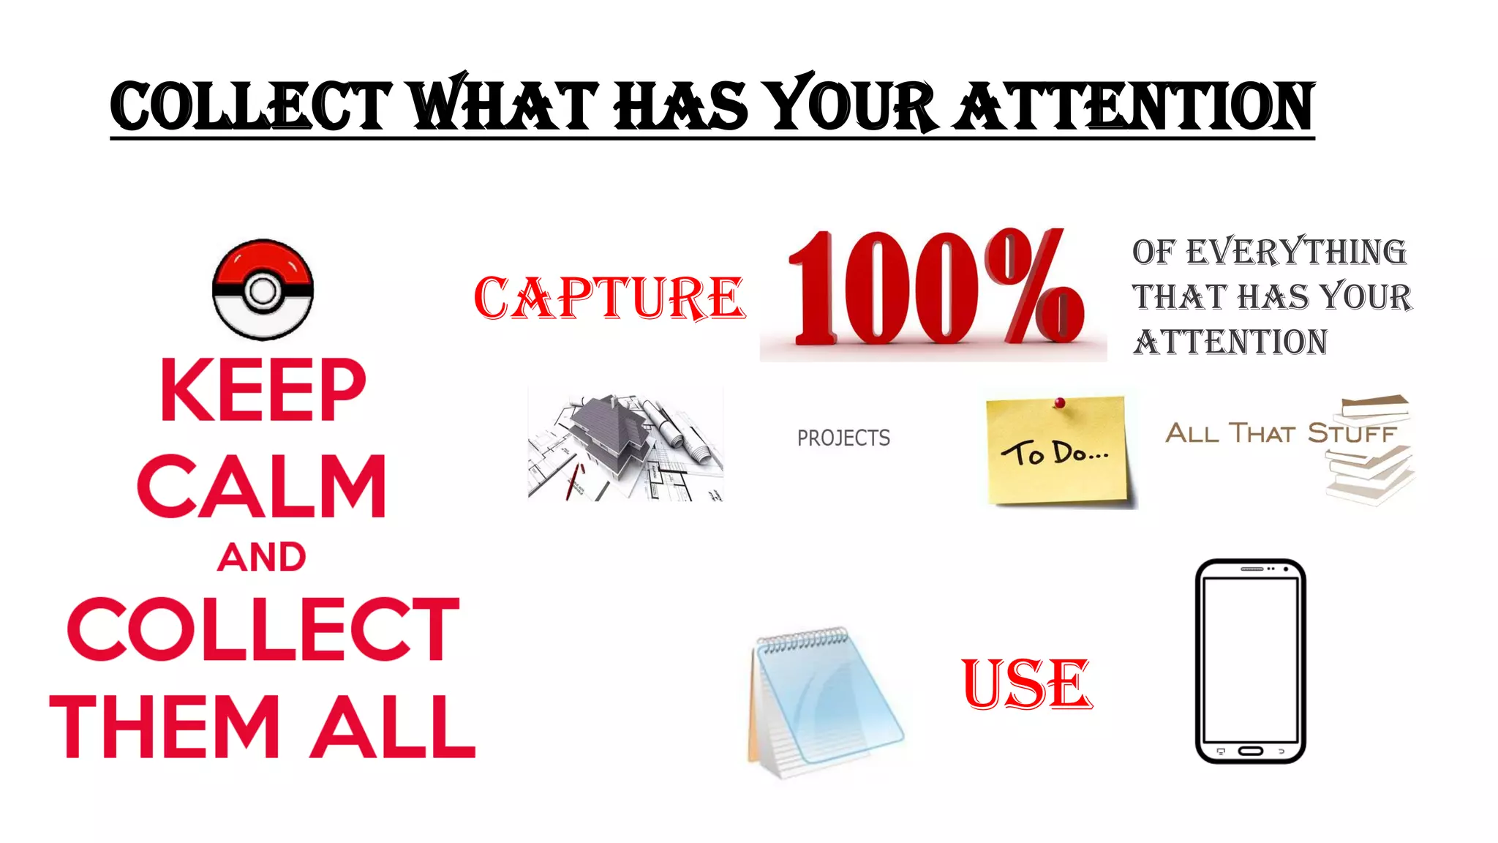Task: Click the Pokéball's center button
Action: point(263,291)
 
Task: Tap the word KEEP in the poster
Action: point(263,390)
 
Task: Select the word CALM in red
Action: point(262,486)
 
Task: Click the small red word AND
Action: point(262,558)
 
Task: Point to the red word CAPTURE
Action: point(609,299)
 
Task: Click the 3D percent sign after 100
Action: point(1034,287)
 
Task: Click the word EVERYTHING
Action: point(1295,252)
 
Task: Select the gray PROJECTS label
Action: point(843,438)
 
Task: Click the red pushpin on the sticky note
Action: point(1059,402)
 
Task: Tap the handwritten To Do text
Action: point(1054,454)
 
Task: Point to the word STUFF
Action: point(1352,434)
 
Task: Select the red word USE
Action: point(1027,685)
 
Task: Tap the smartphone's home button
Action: point(1250,751)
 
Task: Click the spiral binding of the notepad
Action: point(803,641)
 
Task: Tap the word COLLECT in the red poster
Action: point(263,629)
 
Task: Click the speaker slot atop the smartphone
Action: point(1252,569)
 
